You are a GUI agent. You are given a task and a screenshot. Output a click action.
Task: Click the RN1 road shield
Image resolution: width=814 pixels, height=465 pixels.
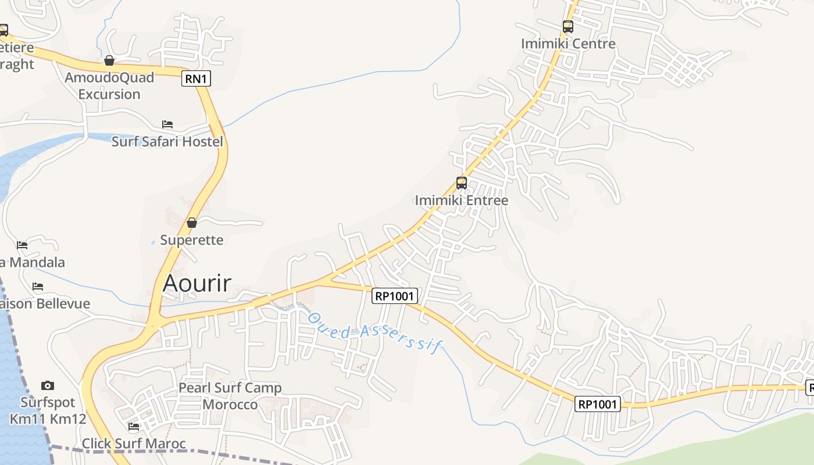(x=196, y=78)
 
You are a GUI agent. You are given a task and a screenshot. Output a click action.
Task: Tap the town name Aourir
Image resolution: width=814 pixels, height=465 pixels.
(x=197, y=283)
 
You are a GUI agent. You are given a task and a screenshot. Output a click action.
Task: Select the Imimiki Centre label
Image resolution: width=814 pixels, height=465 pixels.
(x=568, y=44)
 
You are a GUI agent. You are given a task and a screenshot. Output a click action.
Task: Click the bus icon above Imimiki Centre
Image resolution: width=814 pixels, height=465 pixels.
(x=568, y=26)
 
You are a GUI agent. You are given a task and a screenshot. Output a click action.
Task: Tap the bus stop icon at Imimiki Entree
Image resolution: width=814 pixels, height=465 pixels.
(x=462, y=183)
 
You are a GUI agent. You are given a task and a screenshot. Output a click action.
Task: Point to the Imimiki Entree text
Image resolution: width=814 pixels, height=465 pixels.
(x=462, y=201)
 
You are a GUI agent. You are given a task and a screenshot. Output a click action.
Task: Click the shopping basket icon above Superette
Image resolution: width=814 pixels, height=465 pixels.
(x=192, y=222)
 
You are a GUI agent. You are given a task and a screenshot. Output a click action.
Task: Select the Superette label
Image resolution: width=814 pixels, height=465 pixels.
(x=192, y=240)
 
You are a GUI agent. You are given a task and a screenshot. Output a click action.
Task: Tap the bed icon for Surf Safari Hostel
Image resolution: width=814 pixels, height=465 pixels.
(x=167, y=124)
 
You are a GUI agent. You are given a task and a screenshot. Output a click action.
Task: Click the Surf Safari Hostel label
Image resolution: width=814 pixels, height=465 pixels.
(x=167, y=141)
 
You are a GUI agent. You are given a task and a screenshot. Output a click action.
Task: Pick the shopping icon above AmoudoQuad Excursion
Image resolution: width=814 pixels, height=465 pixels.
(x=109, y=60)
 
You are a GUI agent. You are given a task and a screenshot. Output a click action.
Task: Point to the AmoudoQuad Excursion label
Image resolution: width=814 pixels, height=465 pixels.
(x=109, y=85)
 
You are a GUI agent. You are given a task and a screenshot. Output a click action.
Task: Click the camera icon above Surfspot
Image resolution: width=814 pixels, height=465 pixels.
(x=48, y=385)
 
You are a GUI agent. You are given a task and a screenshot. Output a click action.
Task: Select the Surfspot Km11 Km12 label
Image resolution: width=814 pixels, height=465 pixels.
(x=48, y=410)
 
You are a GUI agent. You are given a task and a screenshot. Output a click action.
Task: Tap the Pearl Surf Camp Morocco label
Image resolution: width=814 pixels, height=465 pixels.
(x=230, y=396)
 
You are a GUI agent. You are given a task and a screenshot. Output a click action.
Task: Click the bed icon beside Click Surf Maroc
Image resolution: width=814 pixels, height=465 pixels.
(x=134, y=427)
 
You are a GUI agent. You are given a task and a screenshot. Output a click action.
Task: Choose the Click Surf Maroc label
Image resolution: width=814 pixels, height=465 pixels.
(x=134, y=444)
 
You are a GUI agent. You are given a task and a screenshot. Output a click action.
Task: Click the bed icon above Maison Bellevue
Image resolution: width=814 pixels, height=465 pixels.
(x=38, y=286)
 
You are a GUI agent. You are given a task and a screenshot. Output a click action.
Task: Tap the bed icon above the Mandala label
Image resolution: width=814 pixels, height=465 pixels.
(x=22, y=245)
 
